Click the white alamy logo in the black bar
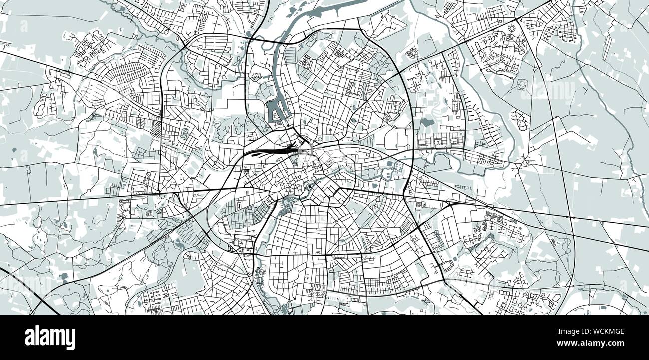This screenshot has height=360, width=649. (x=50, y=338)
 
